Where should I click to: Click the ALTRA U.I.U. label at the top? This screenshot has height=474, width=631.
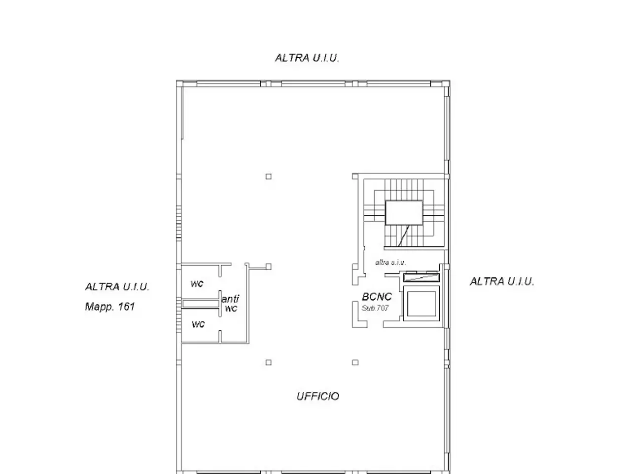[x=307, y=58]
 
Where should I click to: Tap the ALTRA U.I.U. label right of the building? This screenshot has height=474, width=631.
[x=502, y=281]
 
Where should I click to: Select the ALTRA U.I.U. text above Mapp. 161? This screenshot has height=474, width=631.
[x=117, y=287]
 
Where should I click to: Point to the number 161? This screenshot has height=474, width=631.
[x=127, y=307]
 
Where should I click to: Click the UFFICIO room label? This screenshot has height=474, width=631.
[x=318, y=396]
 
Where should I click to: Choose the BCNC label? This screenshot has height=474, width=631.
[x=377, y=297]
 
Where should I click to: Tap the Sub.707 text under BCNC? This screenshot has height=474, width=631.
[x=375, y=308]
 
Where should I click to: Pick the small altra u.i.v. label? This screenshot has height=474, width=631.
[x=390, y=263]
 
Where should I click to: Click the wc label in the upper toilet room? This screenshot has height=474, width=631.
[x=197, y=284]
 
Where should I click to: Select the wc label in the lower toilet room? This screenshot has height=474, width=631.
[x=198, y=324]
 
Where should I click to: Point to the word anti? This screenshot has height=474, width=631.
[x=230, y=299]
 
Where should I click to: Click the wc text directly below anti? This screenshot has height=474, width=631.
[x=231, y=309]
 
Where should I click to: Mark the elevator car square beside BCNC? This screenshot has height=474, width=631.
[x=421, y=303]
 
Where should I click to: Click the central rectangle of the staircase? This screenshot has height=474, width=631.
[x=404, y=213]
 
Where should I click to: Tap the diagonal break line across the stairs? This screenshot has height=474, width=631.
[x=404, y=236]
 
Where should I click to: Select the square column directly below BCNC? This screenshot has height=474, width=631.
[x=355, y=362]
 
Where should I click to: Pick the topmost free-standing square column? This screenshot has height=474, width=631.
[x=269, y=176]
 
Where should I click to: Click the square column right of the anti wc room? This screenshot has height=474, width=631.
[x=269, y=267]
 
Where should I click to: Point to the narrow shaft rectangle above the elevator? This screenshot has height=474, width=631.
[x=421, y=277]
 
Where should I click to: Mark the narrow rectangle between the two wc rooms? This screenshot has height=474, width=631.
[x=200, y=304]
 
